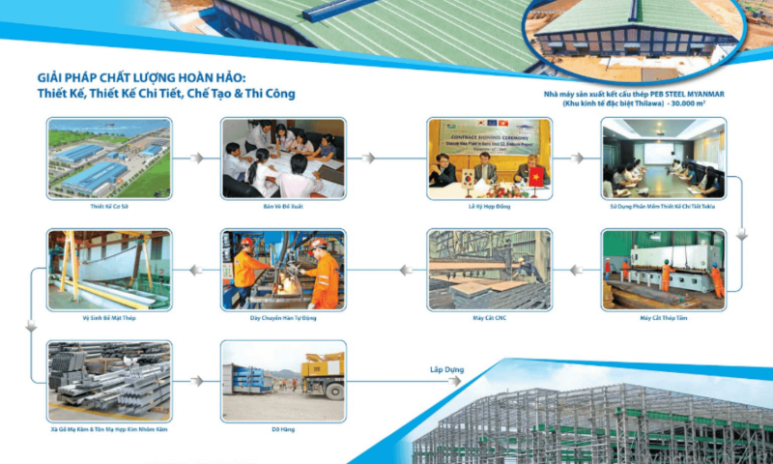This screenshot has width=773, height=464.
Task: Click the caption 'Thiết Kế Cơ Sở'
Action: (x=109, y=206)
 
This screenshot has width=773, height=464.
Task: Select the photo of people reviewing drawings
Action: (x=282, y=157)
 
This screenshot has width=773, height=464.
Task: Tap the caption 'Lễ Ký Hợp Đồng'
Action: (x=489, y=206)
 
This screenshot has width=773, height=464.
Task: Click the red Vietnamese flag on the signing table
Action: (x=536, y=176)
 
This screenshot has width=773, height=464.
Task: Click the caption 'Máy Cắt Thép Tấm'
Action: (x=663, y=317)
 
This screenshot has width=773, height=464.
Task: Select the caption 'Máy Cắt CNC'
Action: (x=489, y=317)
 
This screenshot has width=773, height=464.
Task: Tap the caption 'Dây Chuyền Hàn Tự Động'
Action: (x=282, y=317)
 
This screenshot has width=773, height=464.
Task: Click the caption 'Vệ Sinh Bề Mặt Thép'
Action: (x=109, y=317)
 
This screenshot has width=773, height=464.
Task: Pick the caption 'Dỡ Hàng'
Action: (x=282, y=428)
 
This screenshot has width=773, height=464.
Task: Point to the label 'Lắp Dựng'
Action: (x=447, y=369)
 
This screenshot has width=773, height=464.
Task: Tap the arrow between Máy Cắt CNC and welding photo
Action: (x=386, y=269)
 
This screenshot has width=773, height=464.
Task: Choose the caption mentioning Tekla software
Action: (x=663, y=206)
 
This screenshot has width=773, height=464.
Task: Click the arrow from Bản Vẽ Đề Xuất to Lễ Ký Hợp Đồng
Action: (x=386, y=158)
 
